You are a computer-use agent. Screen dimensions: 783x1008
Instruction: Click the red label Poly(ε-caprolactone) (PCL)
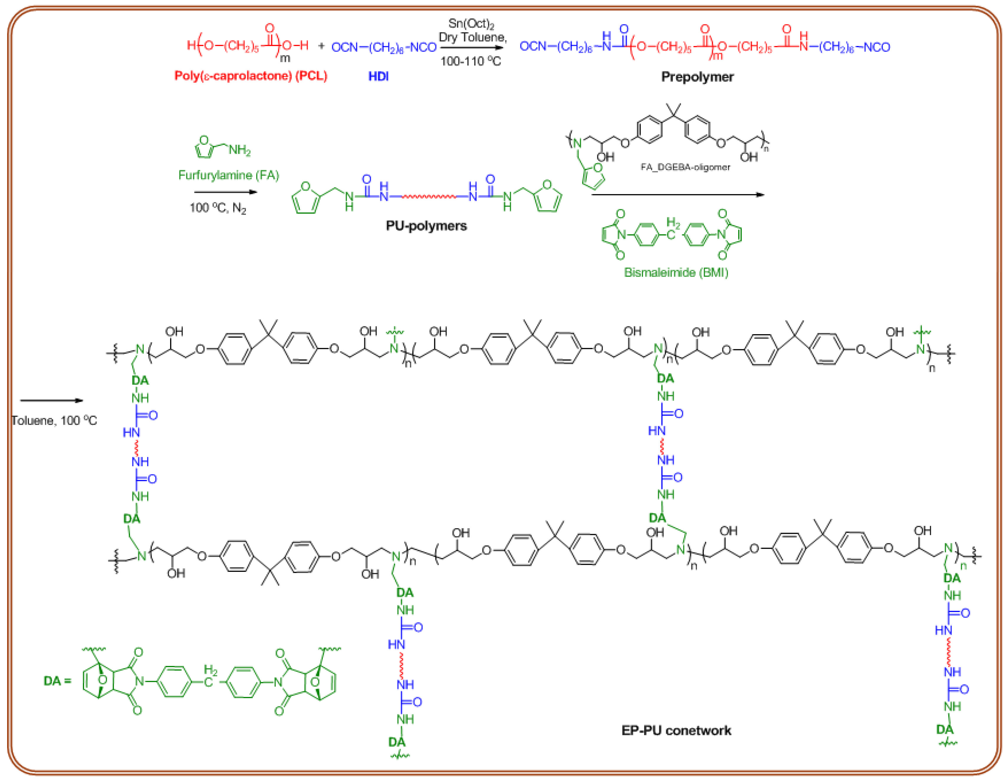(x=251, y=76)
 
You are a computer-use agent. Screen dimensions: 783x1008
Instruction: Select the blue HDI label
(x=379, y=76)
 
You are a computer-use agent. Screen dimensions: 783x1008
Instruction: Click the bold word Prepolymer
(x=697, y=77)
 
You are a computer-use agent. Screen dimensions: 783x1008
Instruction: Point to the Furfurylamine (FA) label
(x=228, y=175)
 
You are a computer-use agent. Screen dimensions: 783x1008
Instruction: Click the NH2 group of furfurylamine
(x=239, y=150)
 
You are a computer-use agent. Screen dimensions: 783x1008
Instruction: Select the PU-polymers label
(x=426, y=226)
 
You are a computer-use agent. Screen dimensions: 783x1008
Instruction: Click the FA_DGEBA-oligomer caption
(x=685, y=167)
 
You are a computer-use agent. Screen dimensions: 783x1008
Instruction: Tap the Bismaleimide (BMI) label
(x=676, y=273)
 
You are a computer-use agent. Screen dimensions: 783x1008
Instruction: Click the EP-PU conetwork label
(x=676, y=731)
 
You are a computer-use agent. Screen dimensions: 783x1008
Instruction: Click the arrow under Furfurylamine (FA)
(x=225, y=192)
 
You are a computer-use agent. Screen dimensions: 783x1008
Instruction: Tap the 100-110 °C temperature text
(x=470, y=61)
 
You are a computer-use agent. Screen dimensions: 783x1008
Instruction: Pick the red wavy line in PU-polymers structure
(x=428, y=197)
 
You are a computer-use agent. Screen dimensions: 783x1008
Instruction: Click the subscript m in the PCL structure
(x=285, y=58)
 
